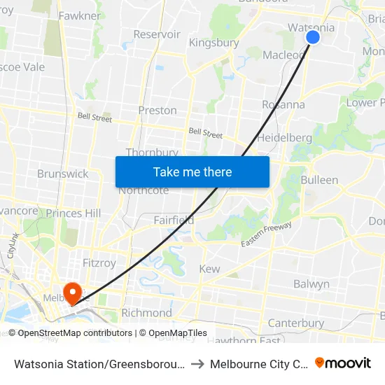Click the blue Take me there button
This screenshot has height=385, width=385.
[x=192, y=171]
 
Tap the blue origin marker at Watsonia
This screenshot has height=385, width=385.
[x=313, y=37]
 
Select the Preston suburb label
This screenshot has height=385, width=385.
[x=157, y=111]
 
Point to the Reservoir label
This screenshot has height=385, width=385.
[x=157, y=34]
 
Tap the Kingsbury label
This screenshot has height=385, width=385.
[x=214, y=43]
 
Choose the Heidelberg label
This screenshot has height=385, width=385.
[x=284, y=138]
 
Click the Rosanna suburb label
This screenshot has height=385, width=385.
[x=283, y=105]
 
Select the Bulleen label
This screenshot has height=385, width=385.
[x=319, y=180]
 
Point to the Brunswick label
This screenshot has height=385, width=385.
[x=63, y=174]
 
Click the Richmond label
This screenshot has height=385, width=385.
[x=146, y=313]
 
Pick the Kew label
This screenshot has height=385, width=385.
[x=209, y=269]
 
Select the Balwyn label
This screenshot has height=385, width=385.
[x=311, y=284]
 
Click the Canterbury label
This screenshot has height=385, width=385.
[x=296, y=323]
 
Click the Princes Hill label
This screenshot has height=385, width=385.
[x=73, y=213]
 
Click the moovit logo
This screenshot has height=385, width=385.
[x=343, y=363]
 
